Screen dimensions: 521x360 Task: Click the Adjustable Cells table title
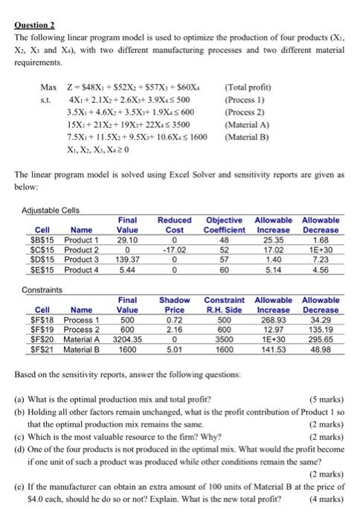click(x=58, y=210)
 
